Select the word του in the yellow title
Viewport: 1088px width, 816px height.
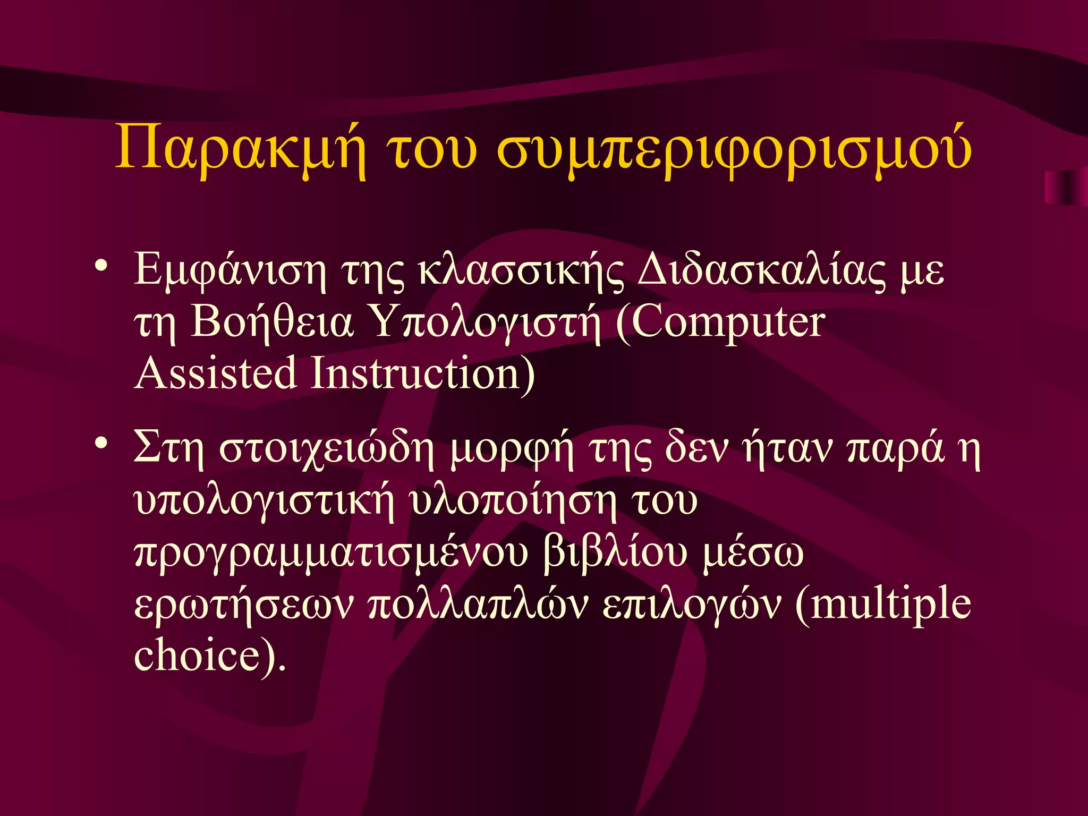pos(431,149)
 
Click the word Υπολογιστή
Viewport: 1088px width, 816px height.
pos(487,322)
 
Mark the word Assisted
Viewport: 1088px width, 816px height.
pos(215,373)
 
